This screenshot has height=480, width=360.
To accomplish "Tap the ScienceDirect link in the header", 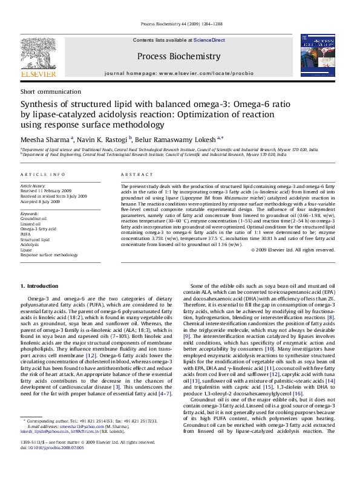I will tap(209, 40).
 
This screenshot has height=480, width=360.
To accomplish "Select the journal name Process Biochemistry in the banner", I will tap(178, 56).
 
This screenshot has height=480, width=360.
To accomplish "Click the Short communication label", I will tap(44, 91).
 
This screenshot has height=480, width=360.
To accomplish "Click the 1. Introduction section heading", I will tap(39, 285).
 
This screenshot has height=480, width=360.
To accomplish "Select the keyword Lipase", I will tap(27, 250).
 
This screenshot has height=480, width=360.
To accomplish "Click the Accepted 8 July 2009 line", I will tap(40, 201).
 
